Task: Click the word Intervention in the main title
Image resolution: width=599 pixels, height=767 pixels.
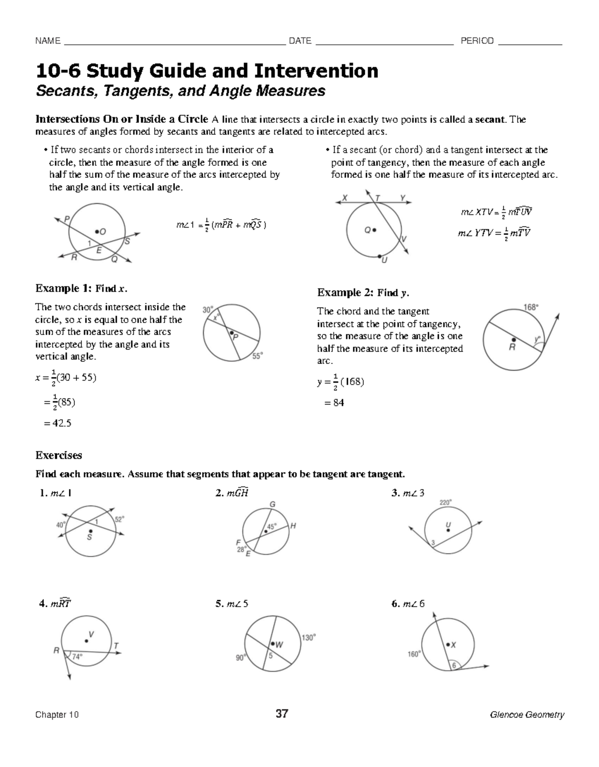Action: click(317, 71)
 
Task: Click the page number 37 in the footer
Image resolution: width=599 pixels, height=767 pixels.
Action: click(282, 714)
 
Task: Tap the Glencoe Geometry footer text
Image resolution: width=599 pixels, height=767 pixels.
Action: click(527, 715)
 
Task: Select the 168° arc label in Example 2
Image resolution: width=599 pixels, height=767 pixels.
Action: click(531, 307)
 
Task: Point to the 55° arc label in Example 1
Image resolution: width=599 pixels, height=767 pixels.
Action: click(257, 356)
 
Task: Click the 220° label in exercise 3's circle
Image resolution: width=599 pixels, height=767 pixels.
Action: click(445, 502)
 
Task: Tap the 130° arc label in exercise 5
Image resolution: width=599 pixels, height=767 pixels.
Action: click(308, 638)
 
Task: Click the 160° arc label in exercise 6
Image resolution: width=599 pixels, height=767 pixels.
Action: click(414, 654)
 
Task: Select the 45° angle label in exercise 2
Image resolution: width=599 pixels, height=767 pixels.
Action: click(272, 526)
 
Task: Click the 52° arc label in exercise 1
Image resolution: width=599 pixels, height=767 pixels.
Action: click(120, 519)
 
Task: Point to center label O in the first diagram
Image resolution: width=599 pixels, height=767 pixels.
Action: click(103, 232)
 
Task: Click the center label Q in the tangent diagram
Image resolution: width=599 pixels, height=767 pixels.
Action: click(367, 230)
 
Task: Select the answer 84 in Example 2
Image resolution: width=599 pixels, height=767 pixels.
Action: click(338, 402)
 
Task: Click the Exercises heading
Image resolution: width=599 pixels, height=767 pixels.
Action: click(58, 455)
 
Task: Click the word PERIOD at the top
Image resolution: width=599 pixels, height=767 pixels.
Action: click(477, 41)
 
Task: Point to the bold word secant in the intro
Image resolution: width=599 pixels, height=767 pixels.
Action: click(490, 119)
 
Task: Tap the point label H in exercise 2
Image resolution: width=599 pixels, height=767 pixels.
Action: click(293, 525)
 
